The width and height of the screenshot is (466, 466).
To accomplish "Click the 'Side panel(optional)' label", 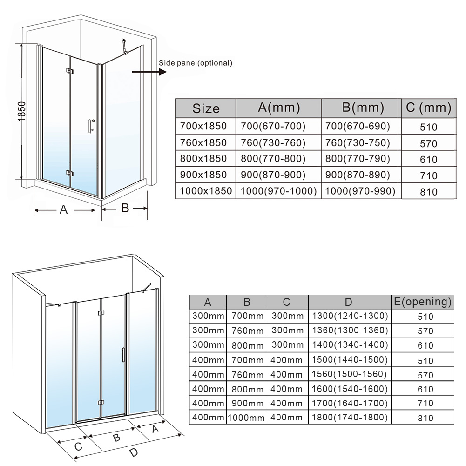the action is tap(195, 63).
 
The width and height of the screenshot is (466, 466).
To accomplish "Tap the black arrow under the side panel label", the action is tap(149, 72).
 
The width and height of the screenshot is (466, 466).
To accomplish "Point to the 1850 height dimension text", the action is tap(22, 111).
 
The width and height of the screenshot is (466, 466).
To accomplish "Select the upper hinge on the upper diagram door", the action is tap(70, 71).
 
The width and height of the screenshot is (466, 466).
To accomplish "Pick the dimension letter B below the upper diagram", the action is tap(125, 208).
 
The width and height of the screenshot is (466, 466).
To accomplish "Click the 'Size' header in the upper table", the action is tap(206, 108).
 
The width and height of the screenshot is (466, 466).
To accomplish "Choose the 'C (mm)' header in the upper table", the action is tap(429, 108).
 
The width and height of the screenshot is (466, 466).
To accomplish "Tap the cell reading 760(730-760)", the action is tap(273, 142).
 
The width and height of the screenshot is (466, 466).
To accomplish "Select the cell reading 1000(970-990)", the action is tap(360, 191).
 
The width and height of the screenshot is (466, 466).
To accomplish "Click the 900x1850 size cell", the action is tap(203, 175).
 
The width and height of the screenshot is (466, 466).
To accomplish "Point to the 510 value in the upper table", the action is tap(429, 127).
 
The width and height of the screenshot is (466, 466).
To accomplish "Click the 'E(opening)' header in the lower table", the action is tap(423, 302).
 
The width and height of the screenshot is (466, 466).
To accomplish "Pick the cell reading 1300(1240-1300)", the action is tap(350, 316).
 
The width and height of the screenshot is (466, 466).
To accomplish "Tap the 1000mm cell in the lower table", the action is tap(246, 418).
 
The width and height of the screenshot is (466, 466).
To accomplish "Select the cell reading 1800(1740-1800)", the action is tap(350, 417).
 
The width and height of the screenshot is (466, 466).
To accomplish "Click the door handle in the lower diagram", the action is tap(123, 355).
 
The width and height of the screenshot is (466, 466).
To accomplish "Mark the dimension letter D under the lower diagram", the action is tap(134, 452).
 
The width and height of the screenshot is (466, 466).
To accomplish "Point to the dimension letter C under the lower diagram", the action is tap(78, 447).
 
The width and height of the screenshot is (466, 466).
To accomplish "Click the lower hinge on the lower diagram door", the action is tap(101, 403).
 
